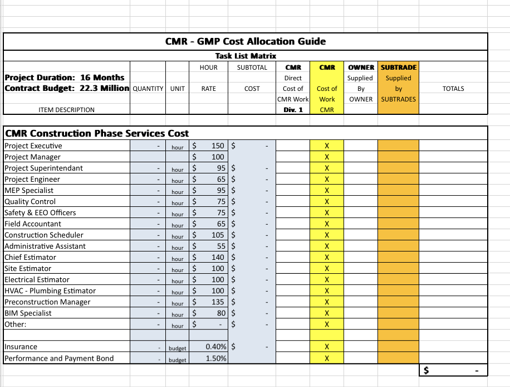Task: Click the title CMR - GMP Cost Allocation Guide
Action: (246, 41)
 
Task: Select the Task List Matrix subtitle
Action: (246, 56)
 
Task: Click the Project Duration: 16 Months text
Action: (65, 78)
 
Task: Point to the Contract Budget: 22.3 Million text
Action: (67, 88)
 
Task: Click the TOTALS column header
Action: (453, 89)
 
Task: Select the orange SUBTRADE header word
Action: (398, 67)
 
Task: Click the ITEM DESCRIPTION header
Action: (66, 110)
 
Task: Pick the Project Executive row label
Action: (33, 146)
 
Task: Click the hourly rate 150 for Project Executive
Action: (218, 146)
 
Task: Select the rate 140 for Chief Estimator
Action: (218, 258)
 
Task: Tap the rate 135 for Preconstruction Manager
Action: (218, 302)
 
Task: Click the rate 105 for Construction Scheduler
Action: (218, 235)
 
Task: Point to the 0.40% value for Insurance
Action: (216, 347)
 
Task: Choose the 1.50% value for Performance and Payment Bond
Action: (216, 359)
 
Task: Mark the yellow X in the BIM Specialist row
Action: (327, 313)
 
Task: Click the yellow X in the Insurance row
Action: (327, 347)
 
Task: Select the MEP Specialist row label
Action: (29, 191)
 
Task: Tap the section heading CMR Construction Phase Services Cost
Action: (97, 133)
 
